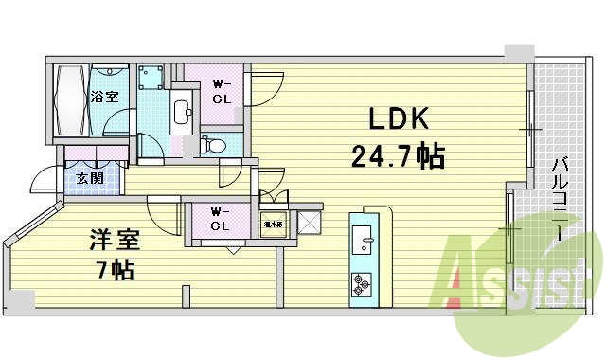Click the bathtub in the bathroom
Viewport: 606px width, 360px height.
pyautogui.click(x=70, y=101)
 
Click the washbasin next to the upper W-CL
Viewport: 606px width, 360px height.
pyautogui.click(x=184, y=110)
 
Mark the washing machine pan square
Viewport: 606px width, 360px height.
pyautogui.click(x=151, y=78)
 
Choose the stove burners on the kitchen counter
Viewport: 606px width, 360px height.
pyautogui.click(x=364, y=281)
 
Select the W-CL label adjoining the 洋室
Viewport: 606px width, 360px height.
pyautogui.click(x=220, y=219)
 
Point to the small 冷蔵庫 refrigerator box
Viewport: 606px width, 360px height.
pyautogui.click(x=273, y=224)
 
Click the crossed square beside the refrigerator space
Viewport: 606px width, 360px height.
pyautogui.click(x=310, y=224)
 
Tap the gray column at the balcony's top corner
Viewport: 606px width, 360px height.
pyautogui.click(x=519, y=53)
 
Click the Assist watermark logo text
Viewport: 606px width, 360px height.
pyautogui.click(x=516, y=277)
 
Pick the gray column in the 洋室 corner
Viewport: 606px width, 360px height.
pyautogui.click(x=20, y=299)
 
